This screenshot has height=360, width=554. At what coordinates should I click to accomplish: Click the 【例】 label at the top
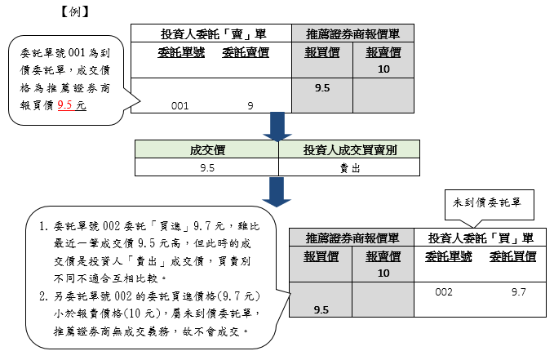click(74, 12)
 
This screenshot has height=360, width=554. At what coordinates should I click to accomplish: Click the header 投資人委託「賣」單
click(211, 33)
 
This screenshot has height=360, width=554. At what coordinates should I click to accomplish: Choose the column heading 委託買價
click(513, 256)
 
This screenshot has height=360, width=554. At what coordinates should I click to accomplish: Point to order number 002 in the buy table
click(445, 291)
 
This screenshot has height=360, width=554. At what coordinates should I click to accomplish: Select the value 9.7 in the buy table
click(518, 291)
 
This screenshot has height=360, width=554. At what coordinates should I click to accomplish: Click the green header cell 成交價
click(206, 149)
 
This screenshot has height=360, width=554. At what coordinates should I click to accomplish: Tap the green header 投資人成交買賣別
click(348, 149)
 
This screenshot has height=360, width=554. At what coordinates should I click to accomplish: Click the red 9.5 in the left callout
click(66, 105)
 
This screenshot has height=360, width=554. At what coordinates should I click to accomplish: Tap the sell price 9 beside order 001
click(250, 105)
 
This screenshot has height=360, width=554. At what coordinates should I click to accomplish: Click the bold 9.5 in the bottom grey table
click(321, 310)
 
